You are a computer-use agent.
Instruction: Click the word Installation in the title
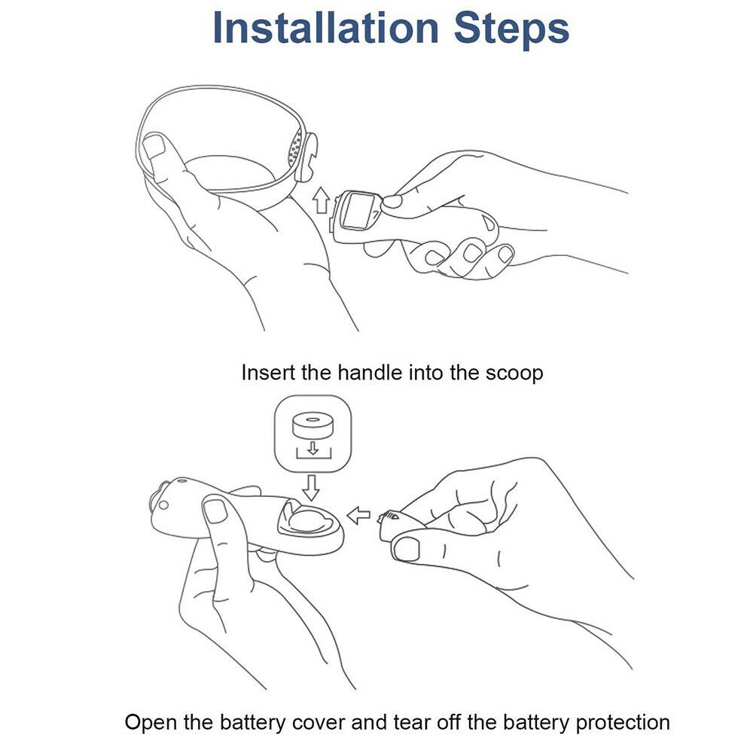325,27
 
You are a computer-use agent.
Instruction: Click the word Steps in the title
511,29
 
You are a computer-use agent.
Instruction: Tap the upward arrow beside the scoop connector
321,200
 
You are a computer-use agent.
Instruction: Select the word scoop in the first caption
514,373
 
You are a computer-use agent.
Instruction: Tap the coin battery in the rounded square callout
312,425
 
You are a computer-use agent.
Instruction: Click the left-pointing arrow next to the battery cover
358,516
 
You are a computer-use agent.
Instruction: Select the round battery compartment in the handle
308,520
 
